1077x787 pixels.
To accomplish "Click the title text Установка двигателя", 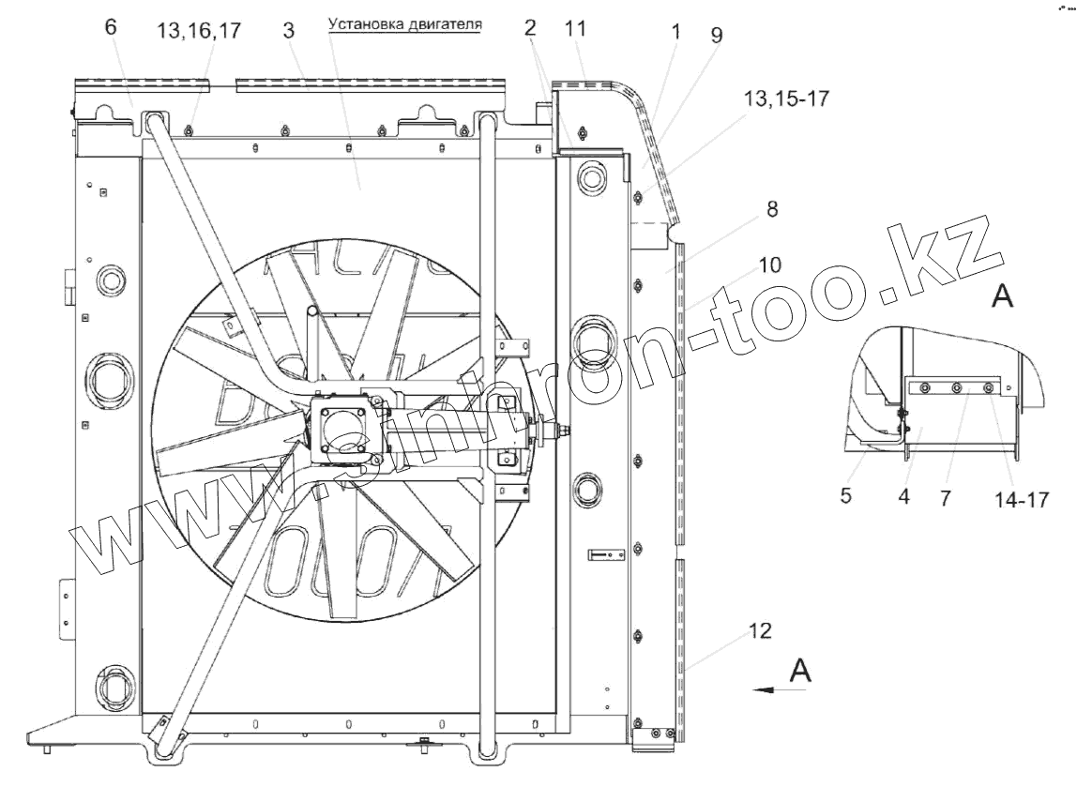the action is [x=404, y=24].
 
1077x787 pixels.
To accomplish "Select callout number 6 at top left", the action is [x=111, y=27].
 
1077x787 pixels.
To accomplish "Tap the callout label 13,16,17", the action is [x=199, y=31].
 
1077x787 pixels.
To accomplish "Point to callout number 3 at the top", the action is [x=289, y=30].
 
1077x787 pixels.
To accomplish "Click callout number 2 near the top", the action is [x=529, y=27].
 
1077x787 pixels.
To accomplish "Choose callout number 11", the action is [x=575, y=29].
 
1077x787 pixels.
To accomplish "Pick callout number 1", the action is [x=675, y=31].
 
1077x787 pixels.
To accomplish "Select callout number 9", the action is [x=717, y=35].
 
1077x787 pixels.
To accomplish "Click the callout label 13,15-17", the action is [x=786, y=98].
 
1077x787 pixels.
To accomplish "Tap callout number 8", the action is [x=772, y=209].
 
